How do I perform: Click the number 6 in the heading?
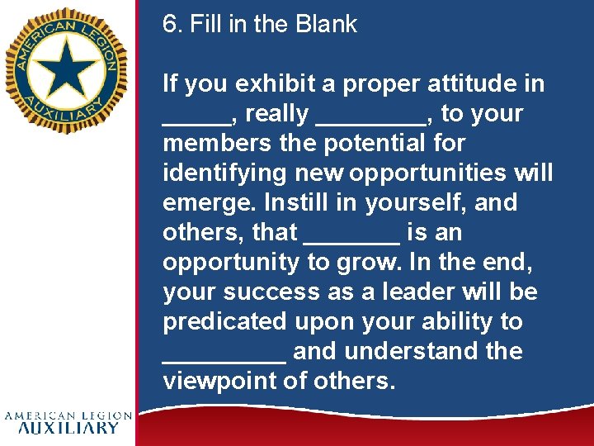169,24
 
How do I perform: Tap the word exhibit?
268,83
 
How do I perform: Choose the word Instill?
285,203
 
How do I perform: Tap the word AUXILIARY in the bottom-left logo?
68,428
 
